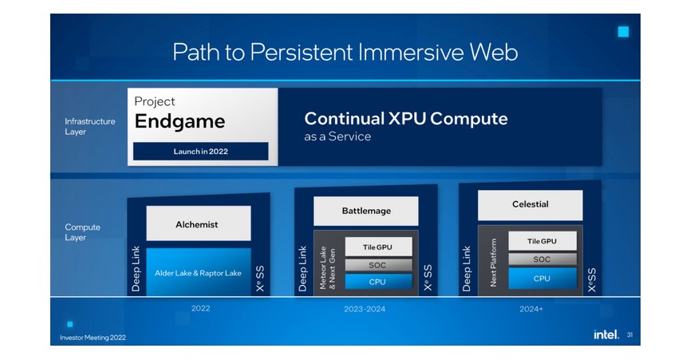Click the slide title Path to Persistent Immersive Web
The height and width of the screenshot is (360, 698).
pos(345,53)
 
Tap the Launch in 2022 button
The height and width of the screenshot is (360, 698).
pos(200,151)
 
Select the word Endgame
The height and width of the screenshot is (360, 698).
pos(179,122)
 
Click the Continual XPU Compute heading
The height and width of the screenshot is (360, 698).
pos(406,119)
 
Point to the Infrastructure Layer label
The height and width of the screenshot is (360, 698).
pos(90,127)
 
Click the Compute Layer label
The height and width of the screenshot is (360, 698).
pos(83,232)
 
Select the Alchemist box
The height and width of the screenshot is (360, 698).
pos(198,224)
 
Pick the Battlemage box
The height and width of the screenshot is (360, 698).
pos(366,211)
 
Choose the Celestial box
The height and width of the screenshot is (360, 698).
pos(530,204)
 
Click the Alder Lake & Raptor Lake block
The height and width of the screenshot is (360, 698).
pos(198,272)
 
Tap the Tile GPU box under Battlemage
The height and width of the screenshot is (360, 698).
pos(378,247)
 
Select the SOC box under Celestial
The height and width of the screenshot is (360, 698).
pos(542,259)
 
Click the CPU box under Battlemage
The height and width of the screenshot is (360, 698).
pos(378,281)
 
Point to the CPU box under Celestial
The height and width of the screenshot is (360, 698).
pos(542,279)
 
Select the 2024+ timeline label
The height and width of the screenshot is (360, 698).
pos(530,309)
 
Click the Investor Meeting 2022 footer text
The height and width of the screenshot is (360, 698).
pos(93,337)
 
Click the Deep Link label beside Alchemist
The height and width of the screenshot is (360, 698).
pos(136,267)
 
